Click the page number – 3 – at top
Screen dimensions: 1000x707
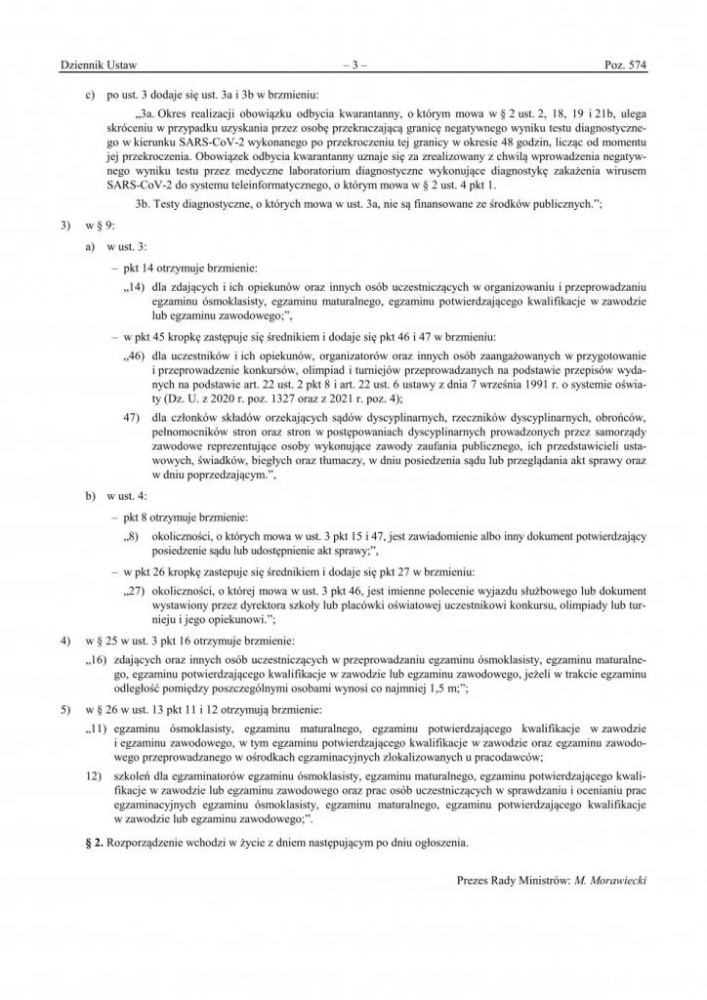[353, 65]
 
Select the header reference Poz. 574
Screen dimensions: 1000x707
[627, 65]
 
